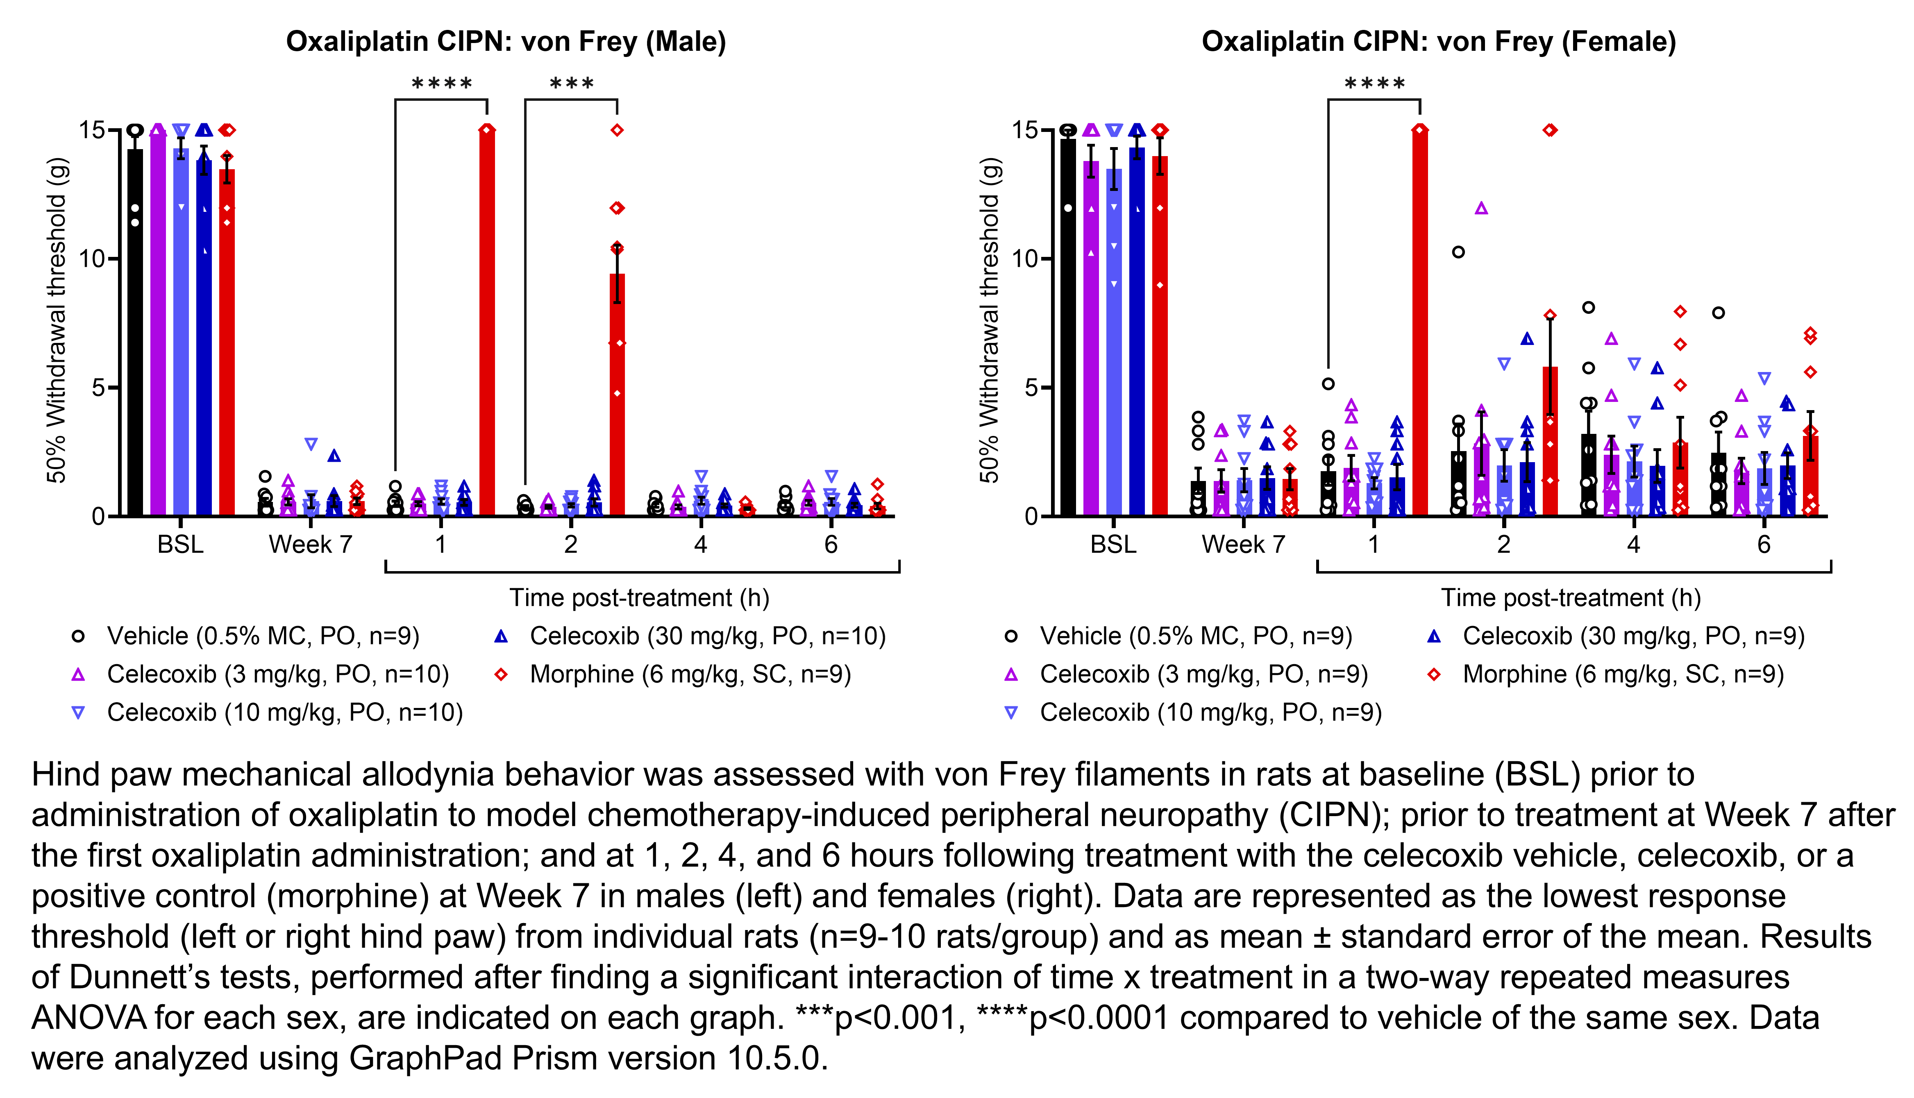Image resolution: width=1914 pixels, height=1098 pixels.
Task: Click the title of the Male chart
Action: (x=505, y=41)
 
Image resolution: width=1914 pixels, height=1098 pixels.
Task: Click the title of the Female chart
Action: (x=1438, y=41)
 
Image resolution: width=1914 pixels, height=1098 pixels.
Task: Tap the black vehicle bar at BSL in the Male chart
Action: (x=135, y=332)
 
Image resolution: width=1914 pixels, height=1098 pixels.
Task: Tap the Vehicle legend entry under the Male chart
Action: (x=262, y=636)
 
